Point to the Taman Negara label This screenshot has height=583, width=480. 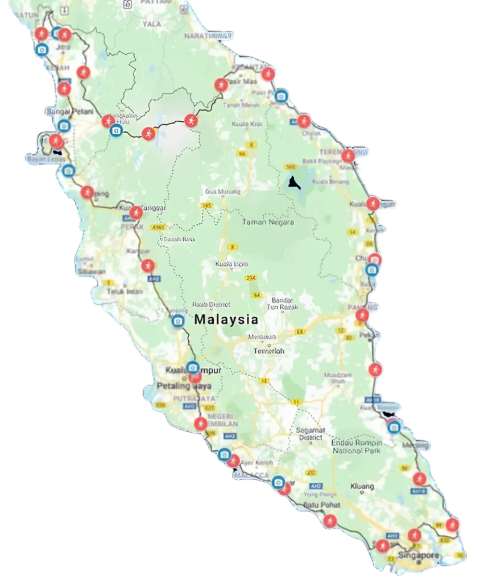[268, 223]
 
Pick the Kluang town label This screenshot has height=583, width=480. [363, 486]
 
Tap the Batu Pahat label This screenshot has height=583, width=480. [321, 505]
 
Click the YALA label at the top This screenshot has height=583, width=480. [151, 24]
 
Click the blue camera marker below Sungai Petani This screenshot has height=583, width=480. [64, 126]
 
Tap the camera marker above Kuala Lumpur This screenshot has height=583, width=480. [193, 367]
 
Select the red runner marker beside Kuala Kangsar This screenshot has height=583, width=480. [135, 212]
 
